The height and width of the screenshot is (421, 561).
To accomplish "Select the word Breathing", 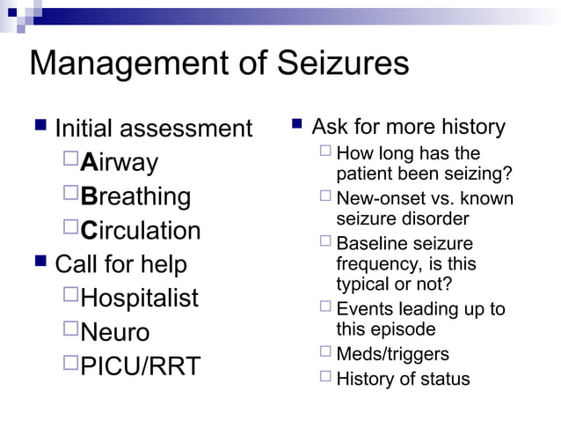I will (135, 196).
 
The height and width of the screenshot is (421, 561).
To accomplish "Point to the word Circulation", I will (140, 231).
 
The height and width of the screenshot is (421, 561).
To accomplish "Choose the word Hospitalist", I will (139, 298).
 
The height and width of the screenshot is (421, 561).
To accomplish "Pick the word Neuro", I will (114, 332).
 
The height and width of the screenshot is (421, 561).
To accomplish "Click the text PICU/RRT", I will (140, 366).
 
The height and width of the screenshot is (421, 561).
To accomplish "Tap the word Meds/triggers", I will (392, 354).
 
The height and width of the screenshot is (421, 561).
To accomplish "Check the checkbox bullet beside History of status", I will (325, 378).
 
